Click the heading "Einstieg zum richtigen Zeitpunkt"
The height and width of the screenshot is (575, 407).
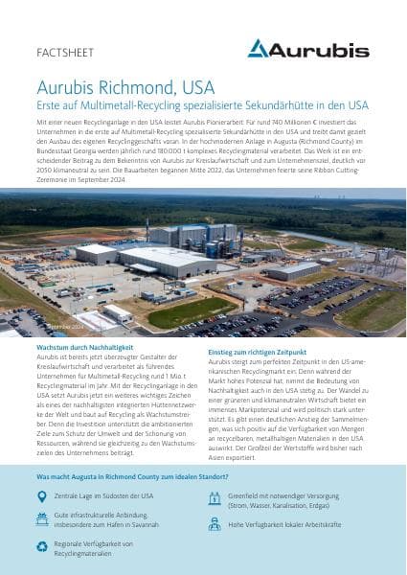[263, 352]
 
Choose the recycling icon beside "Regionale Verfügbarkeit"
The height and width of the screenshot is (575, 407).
[41, 547]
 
